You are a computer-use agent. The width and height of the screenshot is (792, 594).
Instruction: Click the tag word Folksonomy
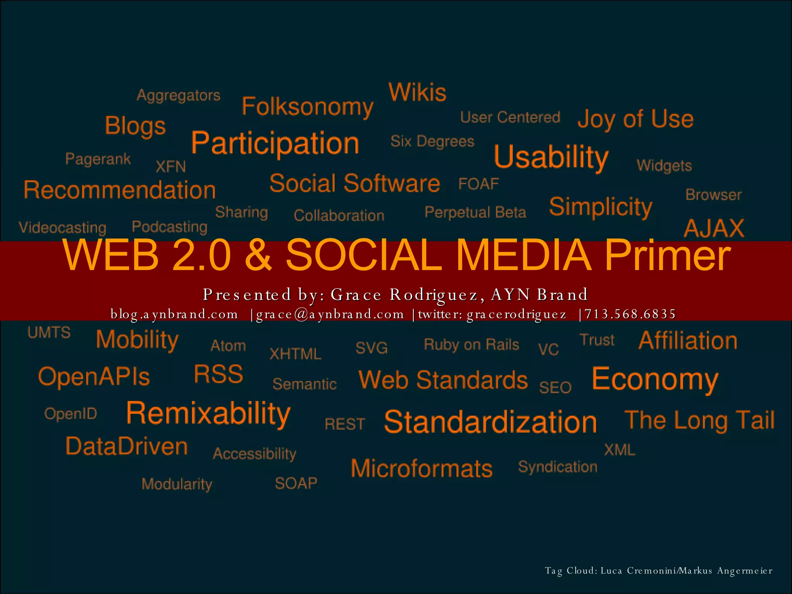307,107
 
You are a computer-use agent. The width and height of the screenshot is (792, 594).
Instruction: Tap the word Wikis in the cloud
417,92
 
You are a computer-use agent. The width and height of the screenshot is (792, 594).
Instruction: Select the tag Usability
551,157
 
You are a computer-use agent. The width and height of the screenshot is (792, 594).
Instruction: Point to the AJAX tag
714,228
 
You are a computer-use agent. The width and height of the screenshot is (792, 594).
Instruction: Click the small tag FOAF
478,184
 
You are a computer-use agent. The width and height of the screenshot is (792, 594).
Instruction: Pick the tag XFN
171,167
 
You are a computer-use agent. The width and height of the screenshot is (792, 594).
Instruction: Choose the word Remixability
208,414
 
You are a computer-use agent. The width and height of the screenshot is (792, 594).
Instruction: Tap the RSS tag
218,374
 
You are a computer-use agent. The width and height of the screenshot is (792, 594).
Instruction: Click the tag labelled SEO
555,387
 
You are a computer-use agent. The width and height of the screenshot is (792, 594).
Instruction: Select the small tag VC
548,350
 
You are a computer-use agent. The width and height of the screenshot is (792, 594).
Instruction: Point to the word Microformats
422,469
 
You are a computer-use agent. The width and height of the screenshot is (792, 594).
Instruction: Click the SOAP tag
296,483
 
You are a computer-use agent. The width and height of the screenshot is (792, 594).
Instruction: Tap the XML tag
620,450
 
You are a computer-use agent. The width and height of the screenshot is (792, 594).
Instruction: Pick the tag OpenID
70,414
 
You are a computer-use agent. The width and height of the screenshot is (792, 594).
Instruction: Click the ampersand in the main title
258,255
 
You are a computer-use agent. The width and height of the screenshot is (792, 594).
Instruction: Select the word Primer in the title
667,255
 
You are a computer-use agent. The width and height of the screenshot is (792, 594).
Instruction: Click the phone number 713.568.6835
630,314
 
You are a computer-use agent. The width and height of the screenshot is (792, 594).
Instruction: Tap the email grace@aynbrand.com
330,314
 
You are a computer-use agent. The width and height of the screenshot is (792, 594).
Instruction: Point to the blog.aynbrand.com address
174,314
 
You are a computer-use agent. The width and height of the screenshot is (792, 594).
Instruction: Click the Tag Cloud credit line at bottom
658,571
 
